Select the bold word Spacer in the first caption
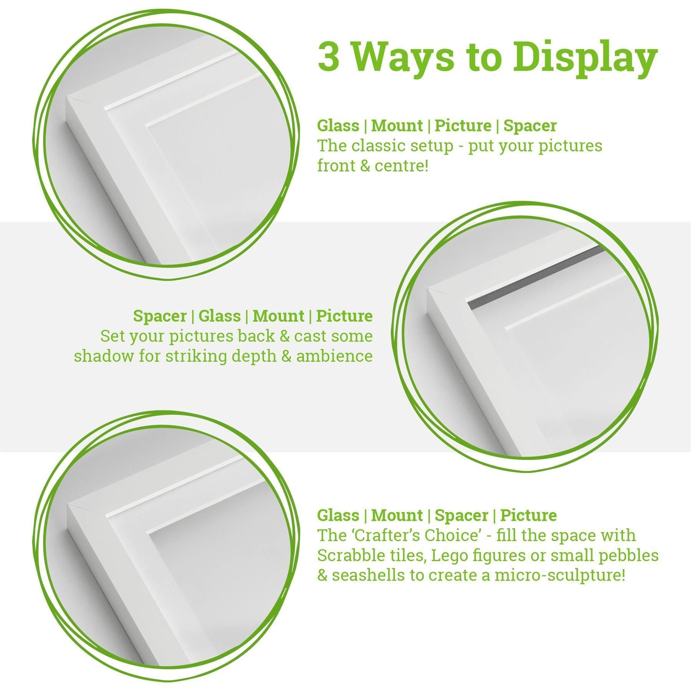click(x=530, y=126)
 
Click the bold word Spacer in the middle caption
click(x=160, y=316)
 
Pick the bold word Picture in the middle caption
click(x=344, y=316)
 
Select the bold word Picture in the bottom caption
click(x=528, y=515)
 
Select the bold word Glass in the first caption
click(x=338, y=126)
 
